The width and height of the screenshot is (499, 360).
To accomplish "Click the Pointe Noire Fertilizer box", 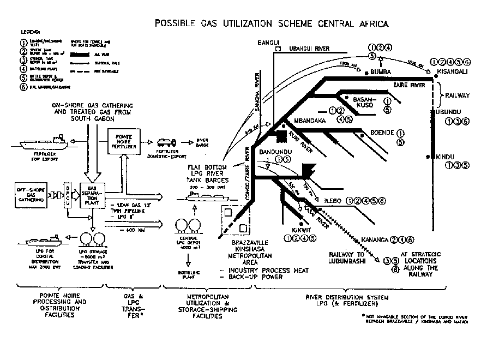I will tap(123, 142).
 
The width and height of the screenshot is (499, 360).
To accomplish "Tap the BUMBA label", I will tap(382, 71).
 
